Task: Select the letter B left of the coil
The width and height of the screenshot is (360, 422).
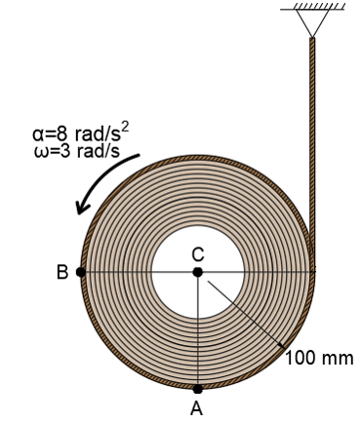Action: click(61, 273)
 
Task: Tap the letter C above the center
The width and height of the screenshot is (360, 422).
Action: click(198, 253)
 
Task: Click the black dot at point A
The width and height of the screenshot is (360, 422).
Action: click(198, 389)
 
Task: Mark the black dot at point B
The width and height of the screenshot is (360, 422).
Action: click(81, 272)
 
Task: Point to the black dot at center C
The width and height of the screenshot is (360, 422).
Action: click(198, 272)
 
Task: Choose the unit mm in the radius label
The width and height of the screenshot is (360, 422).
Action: click(337, 358)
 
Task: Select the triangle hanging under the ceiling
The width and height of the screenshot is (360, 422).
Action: click(312, 24)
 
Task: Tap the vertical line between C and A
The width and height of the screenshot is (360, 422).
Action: click(198, 331)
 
